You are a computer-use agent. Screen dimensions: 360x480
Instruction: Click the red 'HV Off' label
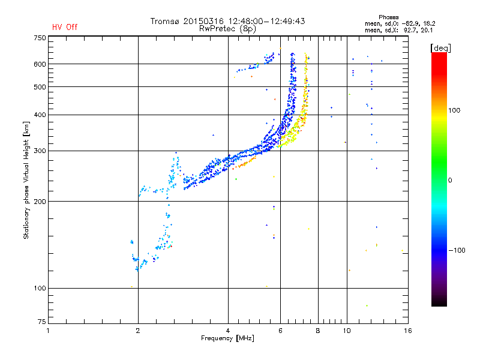click(x=65, y=27)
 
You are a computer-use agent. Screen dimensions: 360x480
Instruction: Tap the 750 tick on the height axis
click(x=40, y=37)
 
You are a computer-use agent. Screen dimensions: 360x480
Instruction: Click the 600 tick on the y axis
click(x=40, y=64)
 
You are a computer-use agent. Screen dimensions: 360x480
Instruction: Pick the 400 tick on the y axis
click(x=40, y=115)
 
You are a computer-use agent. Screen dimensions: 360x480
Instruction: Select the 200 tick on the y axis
click(x=40, y=201)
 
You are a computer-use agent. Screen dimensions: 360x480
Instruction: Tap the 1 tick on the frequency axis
click(x=49, y=331)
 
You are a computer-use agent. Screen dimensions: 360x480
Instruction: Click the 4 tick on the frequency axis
click(x=228, y=331)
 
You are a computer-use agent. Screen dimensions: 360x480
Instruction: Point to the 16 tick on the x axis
click(x=407, y=331)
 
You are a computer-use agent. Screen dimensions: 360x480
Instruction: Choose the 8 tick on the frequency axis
click(x=318, y=331)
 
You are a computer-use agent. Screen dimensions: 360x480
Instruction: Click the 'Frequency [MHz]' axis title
click(x=227, y=338)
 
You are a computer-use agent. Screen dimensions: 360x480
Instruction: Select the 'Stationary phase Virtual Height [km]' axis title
click(x=26, y=180)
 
